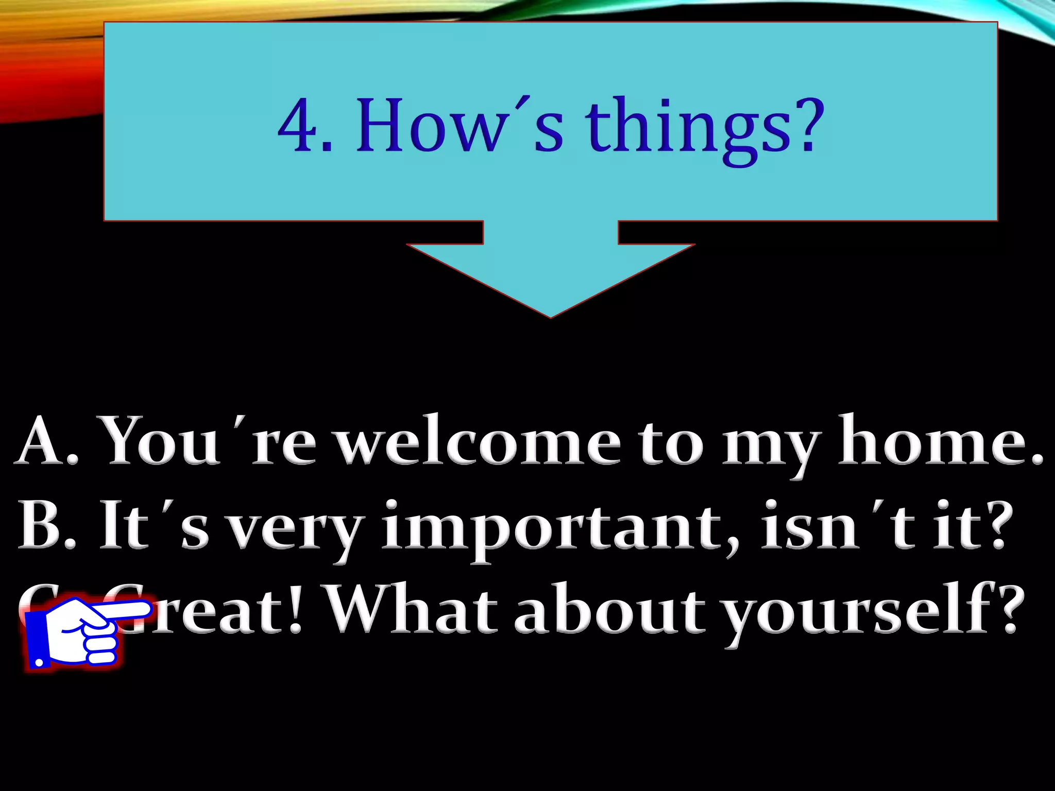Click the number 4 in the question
pyautogui.click(x=299, y=126)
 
